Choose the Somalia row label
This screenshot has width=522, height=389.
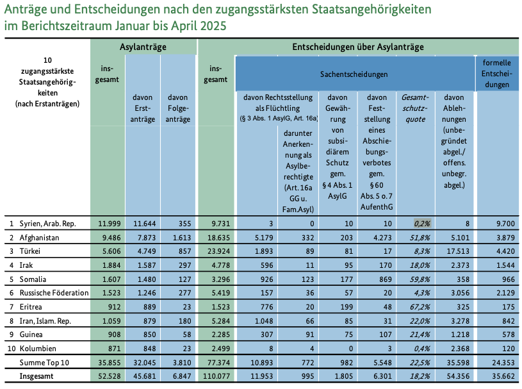(x=36, y=280)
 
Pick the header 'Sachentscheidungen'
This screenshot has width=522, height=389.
(x=354, y=74)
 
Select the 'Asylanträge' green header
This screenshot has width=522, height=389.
(x=143, y=47)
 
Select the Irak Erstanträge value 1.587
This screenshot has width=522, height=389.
(x=143, y=266)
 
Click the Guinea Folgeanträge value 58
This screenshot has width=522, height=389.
(x=178, y=334)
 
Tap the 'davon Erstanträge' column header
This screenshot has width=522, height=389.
(x=143, y=109)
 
